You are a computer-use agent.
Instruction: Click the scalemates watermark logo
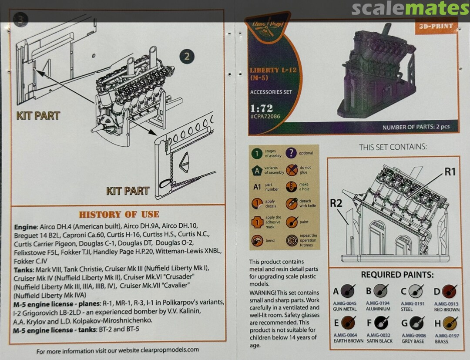[410, 9]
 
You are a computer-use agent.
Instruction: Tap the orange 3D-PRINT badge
[436, 27]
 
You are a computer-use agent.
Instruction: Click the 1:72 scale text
[262, 108]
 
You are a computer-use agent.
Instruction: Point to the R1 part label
[450, 172]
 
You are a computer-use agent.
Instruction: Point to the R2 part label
[336, 203]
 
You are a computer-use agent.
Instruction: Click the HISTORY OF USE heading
[119, 214]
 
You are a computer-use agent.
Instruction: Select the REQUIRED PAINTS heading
[397, 275]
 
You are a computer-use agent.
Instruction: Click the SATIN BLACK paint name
[380, 342]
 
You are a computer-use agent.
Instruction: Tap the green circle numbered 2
[187, 57]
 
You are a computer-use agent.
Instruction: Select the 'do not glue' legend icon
[291, 170]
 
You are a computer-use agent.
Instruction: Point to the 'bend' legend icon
[257, 240]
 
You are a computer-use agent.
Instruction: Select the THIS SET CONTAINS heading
[393, 147]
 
